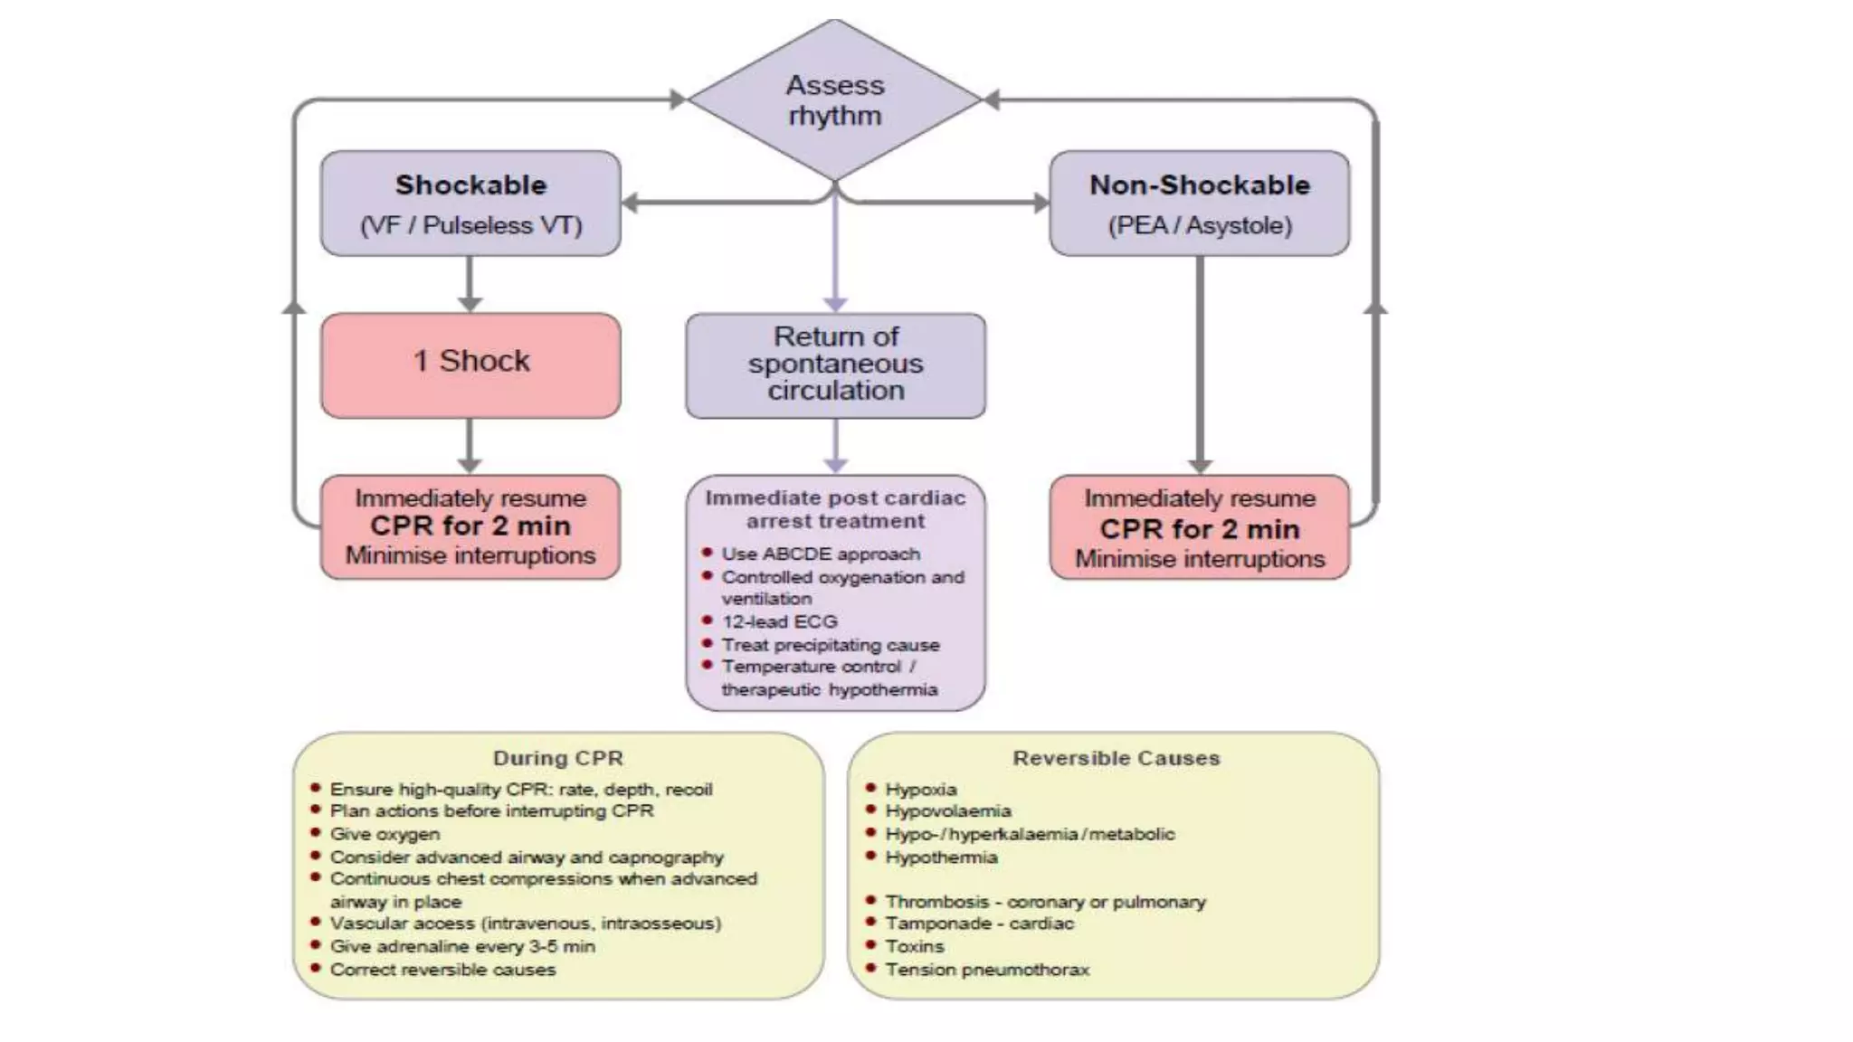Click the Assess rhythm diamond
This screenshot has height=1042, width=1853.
coord(834,99)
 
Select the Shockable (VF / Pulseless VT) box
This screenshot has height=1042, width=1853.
coord(470,204)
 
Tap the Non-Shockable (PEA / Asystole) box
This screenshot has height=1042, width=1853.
coord(1199,204)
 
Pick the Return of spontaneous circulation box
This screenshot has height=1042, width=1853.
coord(835,365)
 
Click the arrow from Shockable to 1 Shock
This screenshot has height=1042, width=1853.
coord(470,284)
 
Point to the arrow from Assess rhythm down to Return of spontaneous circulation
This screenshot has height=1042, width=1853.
coord(835,253)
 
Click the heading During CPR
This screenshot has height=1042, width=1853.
coord(557,758)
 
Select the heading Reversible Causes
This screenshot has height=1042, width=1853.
coord(1116,758)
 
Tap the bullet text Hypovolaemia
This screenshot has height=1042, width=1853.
coord(947,811)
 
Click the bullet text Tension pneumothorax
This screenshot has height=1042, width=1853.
coord(987,970)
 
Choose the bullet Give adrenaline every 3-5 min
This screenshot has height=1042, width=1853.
coord(462,946)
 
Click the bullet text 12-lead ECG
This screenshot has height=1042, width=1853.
coord(779,621)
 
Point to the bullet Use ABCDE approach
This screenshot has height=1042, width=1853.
coord(820,554)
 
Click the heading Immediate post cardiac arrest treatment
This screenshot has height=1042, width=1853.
coord(835,509)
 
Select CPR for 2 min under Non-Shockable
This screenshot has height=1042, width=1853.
coord(1199,529)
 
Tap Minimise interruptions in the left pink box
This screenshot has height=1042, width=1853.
coord(470,555)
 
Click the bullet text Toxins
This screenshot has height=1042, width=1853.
coord(914,946)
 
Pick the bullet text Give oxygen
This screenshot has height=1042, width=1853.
coord(385,834)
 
